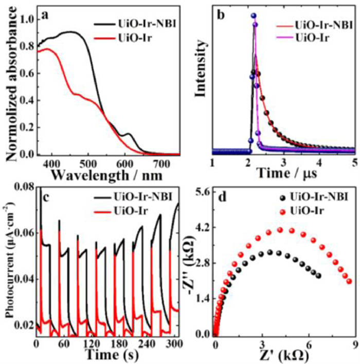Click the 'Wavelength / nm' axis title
tap(106, 175)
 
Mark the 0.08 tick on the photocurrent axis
tap(26, 190)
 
